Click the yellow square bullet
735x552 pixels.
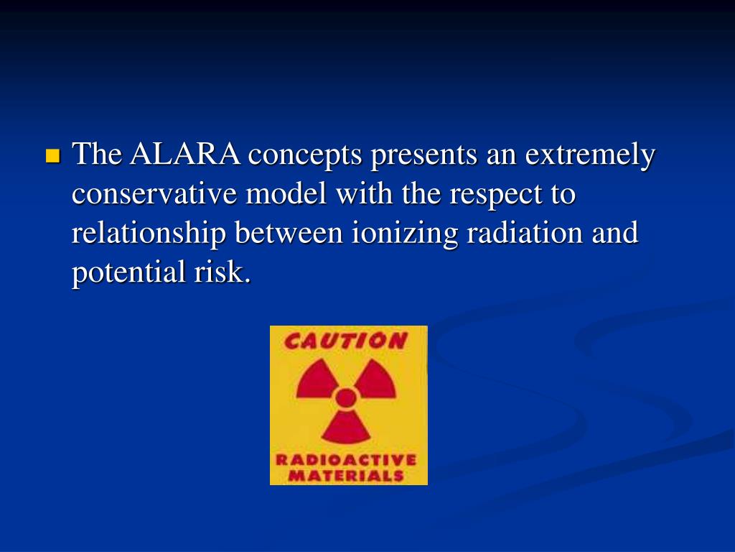(x=52, y=155)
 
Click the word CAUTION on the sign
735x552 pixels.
(x=347, y=341)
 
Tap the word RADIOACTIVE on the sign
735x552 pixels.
(x=347, y=460)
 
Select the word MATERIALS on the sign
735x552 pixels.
(x=347, y=475)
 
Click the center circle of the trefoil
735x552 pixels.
(x=347, y=397)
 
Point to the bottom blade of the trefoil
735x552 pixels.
(x=347, y=429)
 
